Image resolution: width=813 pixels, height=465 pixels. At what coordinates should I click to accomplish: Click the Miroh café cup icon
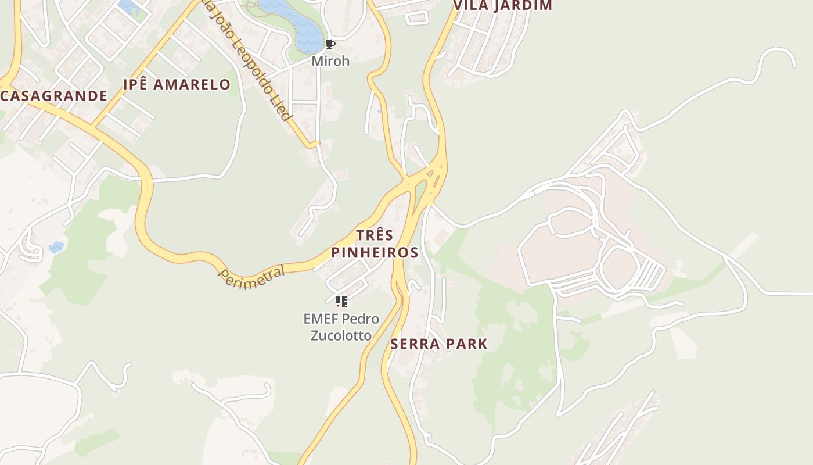(330, 45)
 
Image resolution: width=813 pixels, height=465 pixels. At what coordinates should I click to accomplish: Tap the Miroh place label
(330, 60)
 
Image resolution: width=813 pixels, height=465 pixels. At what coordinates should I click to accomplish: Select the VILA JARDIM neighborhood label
(502, 6)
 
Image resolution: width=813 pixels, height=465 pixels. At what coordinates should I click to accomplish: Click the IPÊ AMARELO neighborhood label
(177, 84)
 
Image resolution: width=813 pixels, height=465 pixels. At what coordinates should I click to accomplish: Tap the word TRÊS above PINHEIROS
(375, 235)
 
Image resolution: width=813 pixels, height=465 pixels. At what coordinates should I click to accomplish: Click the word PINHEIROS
(375, 252)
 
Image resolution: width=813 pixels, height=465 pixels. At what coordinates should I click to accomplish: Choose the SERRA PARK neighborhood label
(439, 344)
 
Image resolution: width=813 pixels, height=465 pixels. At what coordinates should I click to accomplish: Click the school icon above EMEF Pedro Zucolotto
(341, 301)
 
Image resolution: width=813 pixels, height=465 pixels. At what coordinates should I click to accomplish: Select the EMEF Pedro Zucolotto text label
(341, 327)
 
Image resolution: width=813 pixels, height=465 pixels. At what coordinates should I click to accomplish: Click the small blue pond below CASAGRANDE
(56, 247)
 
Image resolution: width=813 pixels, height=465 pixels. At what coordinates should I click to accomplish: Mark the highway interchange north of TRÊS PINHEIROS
(427, 177)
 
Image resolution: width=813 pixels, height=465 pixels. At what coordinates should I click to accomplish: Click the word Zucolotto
(341, 335)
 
